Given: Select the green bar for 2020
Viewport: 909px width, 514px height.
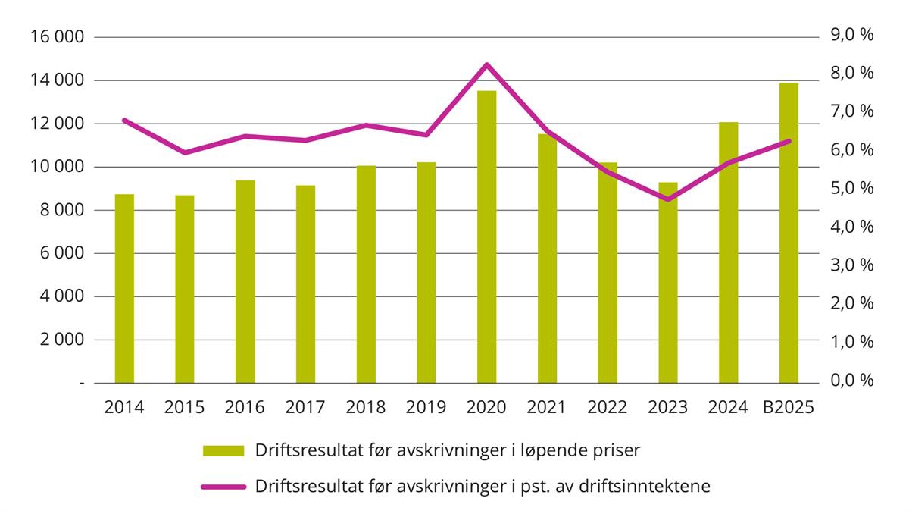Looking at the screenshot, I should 486,237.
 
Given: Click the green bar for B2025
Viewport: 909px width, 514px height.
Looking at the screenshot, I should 789,233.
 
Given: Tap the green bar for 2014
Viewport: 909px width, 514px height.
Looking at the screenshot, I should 124,288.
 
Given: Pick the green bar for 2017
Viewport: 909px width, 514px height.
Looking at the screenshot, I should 305,284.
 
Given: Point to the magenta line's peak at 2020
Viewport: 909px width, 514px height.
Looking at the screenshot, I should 486,64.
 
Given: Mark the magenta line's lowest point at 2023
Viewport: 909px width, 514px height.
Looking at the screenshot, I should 667,199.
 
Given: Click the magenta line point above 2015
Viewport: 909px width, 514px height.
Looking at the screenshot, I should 185,152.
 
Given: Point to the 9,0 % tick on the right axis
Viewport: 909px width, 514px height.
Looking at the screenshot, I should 852,35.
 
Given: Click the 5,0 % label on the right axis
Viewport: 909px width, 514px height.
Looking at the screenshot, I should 852,188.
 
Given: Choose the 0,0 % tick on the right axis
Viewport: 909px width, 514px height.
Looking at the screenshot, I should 852,380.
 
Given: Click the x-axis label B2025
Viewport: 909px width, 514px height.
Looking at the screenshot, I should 788,408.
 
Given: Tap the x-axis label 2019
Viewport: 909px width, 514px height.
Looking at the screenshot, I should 426,408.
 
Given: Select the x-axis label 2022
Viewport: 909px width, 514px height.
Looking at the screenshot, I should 607,408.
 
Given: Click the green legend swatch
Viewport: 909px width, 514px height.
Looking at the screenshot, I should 223,450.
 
